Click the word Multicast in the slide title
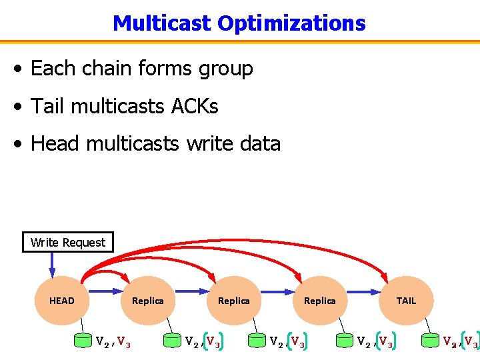[162, 23]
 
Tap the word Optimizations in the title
[291, 23]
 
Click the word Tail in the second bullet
[49, 105]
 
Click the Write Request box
[68, 242]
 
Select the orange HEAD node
[62, 301]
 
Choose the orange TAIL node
[406, 301]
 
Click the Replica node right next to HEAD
[148, 301]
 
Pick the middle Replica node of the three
[234, 301]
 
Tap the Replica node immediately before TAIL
[320, 301]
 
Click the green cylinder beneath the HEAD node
[83, 341]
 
